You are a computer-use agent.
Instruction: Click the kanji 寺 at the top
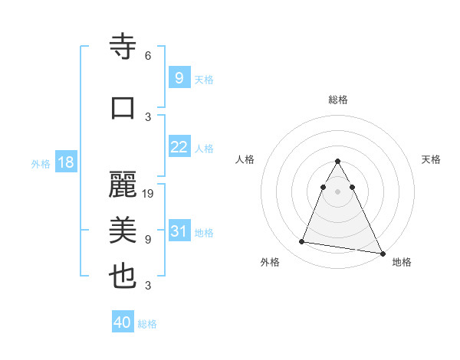pyautogui.click(x=123, y=47)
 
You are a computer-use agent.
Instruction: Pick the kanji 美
pyautogui.click(x=123, y=230)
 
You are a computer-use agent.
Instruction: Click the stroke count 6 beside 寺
pyautogui.click(x=148, y=56)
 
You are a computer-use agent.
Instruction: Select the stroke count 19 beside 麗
pyautogui.click(x=149, y=194)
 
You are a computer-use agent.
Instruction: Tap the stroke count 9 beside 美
pyautogui.click(x=148, y=240)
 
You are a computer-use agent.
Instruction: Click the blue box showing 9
pyautogui.click(x=179, y=77)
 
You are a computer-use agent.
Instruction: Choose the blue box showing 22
pyautogui.click(x=179, y=147)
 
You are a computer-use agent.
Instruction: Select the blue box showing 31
pyautogui.click(x=179, y=231)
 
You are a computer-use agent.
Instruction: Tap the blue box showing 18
pyautogui.click(x=65, y=162)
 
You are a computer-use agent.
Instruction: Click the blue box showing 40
pyautogui.click(x=123, y=322)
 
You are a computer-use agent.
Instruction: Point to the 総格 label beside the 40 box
pyautogui.click(x=147, y=324)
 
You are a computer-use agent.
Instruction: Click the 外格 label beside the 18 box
pyautogui.click(x=41, y=163)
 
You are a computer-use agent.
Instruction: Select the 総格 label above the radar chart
pyautogui.click(x=337, y=100)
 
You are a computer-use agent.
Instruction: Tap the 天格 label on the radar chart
pyautogui.click(x=431, y=159)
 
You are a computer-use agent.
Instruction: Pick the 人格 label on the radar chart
pyautogui.click(x=245, y=159)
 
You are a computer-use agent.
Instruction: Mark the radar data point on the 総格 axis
pyautogui.click(x=337, y=162)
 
